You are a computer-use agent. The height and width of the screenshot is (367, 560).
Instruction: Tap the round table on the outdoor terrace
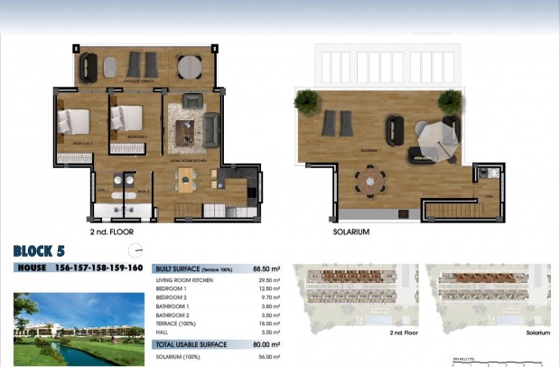click(189, 67)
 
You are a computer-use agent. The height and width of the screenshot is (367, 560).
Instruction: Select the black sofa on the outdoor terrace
click(89, 66)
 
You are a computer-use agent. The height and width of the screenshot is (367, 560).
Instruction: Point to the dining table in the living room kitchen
click(185, 177)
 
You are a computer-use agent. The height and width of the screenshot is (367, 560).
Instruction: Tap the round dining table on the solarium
click(369, 179)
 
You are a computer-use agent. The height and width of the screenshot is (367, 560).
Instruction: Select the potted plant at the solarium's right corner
click(449, 99)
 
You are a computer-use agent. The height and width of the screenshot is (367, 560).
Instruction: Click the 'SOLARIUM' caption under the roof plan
click(351, 231)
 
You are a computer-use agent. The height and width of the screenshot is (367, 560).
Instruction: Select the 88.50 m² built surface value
click(264, 268)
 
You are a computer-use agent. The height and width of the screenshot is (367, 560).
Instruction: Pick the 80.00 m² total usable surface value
click(264, 344)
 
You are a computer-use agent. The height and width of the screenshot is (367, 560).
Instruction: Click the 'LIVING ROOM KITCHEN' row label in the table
click(186, 281)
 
